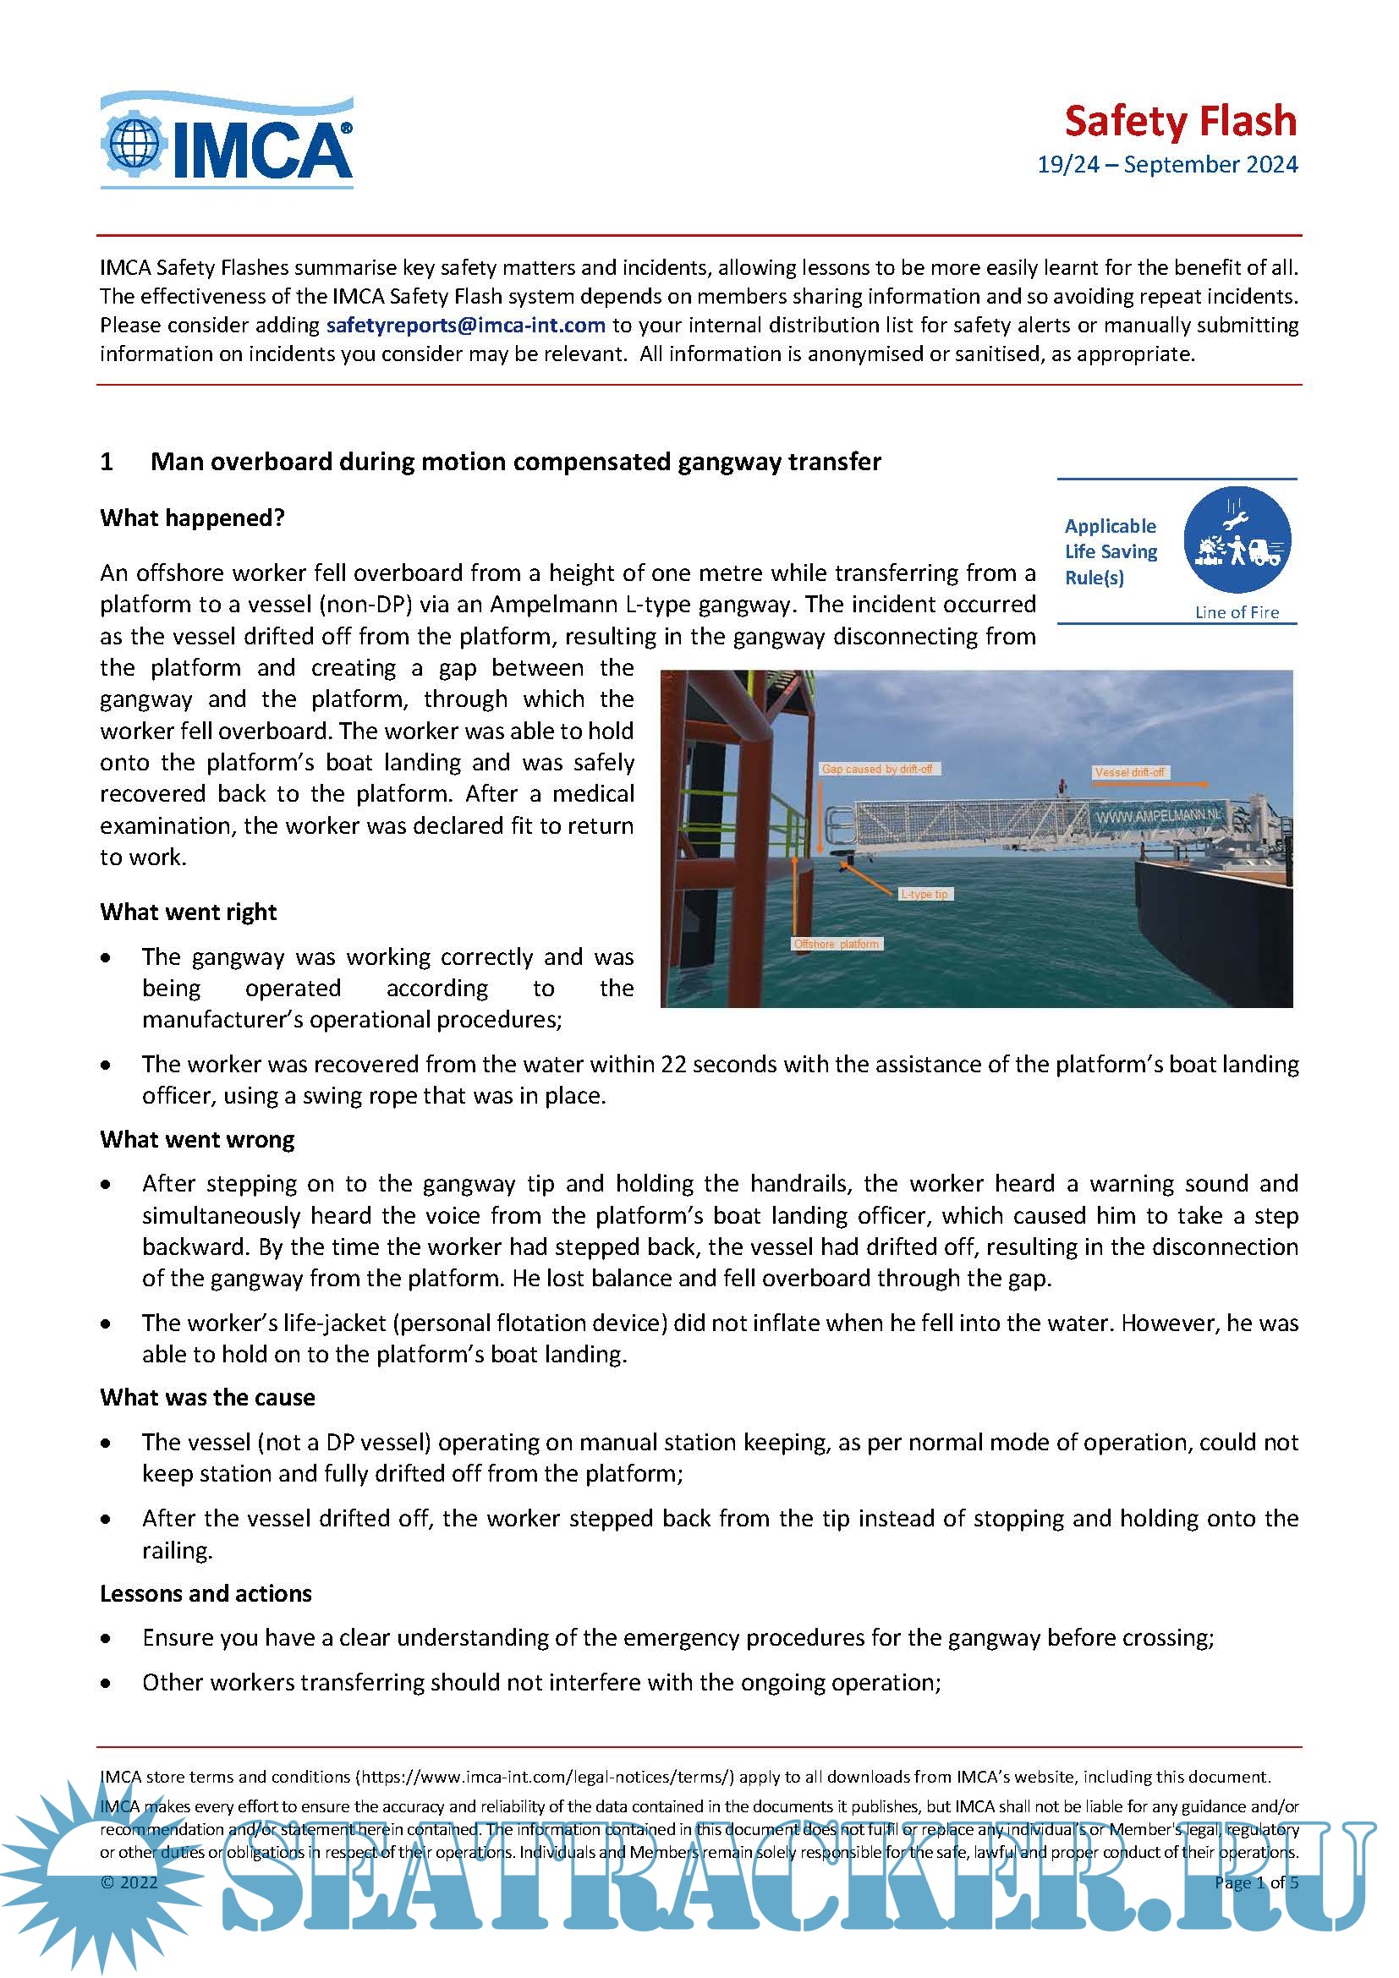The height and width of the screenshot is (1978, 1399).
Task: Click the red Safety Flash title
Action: point(1179,122)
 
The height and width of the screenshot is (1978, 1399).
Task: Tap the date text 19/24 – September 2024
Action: point(1166,165)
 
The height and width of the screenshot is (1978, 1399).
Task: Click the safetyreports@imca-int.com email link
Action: point(465,325)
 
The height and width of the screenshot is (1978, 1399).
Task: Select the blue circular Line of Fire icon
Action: point(1237,540)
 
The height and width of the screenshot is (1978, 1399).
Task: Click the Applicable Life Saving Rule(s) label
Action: point(1110,551)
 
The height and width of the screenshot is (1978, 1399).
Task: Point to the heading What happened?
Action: point(192,518)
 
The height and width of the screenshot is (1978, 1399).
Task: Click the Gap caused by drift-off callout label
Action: point(877,769)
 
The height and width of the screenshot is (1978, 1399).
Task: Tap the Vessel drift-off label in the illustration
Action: point(1128,772)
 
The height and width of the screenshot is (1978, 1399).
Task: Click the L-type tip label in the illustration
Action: point(924,894)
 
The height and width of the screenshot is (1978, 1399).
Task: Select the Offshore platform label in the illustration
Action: point(836,945)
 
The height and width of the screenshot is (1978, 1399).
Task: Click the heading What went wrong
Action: point(197,1139)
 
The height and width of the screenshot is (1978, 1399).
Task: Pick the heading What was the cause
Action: point(206,1396)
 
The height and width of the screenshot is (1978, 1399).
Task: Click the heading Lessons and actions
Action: point(205,1593)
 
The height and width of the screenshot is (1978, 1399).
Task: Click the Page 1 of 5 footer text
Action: point(1255,1882)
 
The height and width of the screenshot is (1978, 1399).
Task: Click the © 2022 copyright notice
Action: point(129,1882)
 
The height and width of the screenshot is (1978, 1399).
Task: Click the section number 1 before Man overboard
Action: point(107,462)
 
